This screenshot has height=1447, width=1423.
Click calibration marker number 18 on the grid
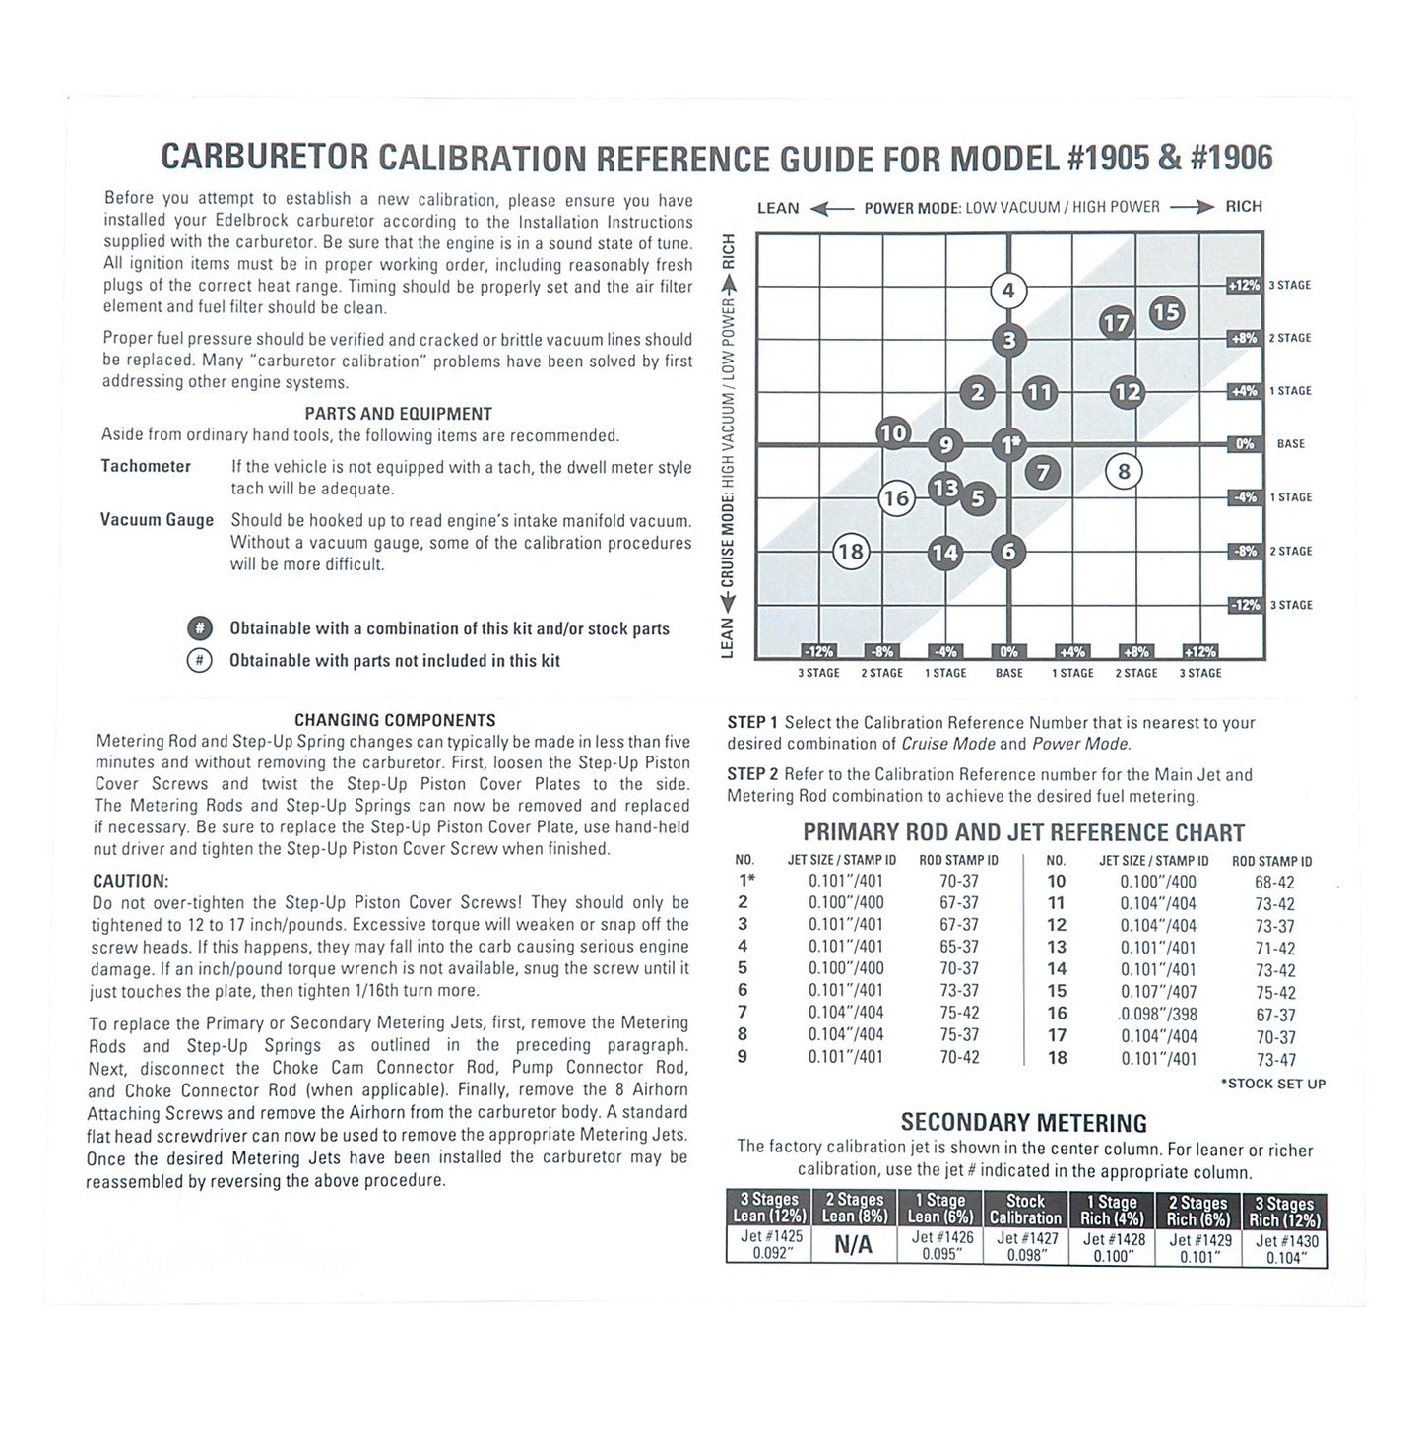tap(850, 552)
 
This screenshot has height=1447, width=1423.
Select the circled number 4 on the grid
tap(1007, 291)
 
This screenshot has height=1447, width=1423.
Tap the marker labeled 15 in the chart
tap(1166, 313)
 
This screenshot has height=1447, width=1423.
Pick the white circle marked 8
tap(1124, 472)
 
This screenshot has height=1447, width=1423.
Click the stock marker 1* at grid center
tap(1008, 444)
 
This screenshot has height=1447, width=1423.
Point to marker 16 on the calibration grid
tap(895, 498)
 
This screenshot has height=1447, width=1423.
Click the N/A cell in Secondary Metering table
tap(853, 1245)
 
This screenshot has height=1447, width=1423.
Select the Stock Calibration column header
tap(1025, 1210)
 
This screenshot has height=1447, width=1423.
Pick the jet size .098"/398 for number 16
tap(1158, 1015)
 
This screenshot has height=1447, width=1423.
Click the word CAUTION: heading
tap(131, 881)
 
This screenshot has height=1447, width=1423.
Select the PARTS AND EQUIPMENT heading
tap(398, 414)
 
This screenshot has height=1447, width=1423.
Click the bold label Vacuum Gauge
tap(157, 520)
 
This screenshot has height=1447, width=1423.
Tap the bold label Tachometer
tap(146, 466)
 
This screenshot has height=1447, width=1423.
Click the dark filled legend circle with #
tap(199, 628)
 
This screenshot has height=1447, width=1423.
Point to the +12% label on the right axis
tap(1243, 285)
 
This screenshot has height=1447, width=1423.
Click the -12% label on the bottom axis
tap(818, 651)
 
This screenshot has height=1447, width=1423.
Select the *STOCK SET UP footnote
tap(1272, 1084)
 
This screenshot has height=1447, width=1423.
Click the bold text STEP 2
tap(752, 774)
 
